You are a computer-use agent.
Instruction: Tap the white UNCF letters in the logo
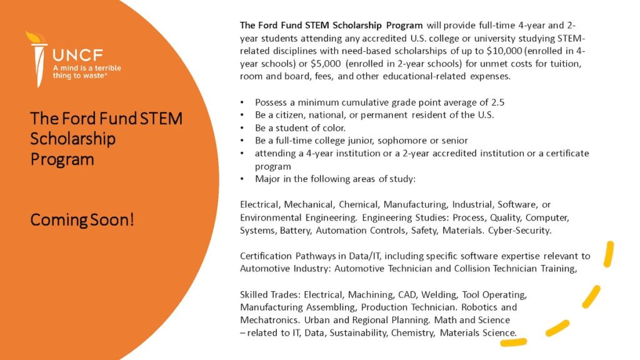coord(77,54)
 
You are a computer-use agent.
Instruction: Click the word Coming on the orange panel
coord(60,221)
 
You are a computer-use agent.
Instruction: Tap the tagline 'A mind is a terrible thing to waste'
coord(87,71)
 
